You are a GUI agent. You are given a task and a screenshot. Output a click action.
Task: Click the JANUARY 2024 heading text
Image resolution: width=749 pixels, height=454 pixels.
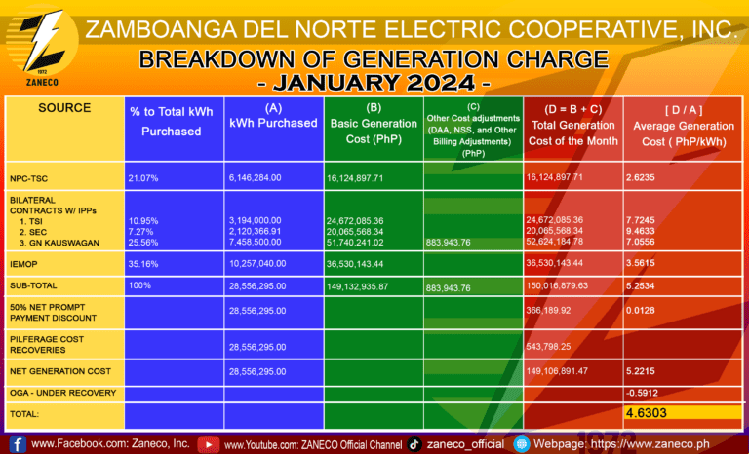374,82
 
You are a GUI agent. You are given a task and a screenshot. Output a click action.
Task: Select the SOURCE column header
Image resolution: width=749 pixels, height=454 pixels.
64,107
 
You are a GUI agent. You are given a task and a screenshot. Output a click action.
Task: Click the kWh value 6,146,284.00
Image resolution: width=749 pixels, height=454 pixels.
261,178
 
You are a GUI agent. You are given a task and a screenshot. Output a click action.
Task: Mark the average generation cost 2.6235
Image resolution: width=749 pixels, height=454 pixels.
646,178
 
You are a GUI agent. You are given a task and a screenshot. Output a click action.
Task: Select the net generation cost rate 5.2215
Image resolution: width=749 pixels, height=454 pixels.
646,371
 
